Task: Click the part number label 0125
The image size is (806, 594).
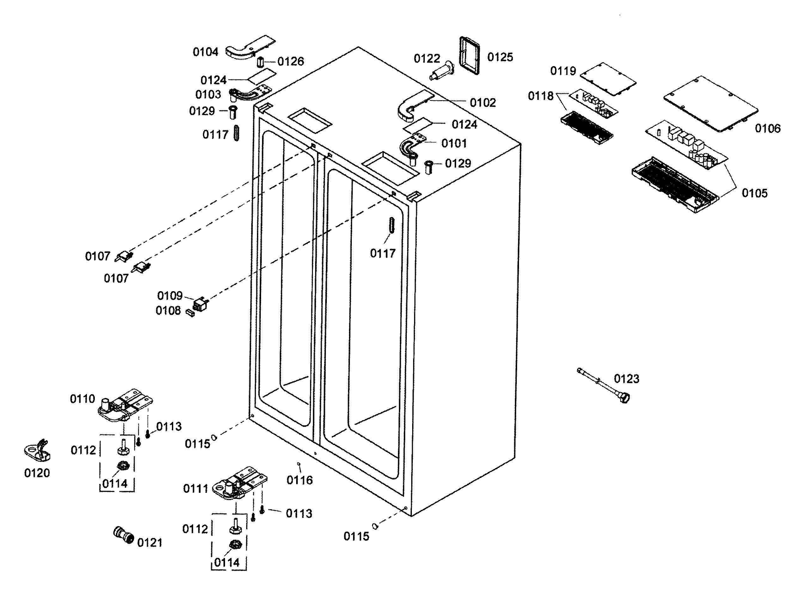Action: [x=500, y=57]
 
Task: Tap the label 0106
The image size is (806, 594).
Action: [x=767, y=128]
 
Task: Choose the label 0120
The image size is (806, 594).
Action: [x=37, y=473]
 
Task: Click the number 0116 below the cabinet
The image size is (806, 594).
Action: [x=299, y=480]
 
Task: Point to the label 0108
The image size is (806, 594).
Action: [x=168, y=310]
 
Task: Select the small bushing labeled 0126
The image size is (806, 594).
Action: [x=260, y=63]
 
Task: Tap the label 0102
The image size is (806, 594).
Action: [x=483, y=103]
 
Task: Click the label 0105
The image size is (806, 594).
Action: [x=754, y=193]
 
